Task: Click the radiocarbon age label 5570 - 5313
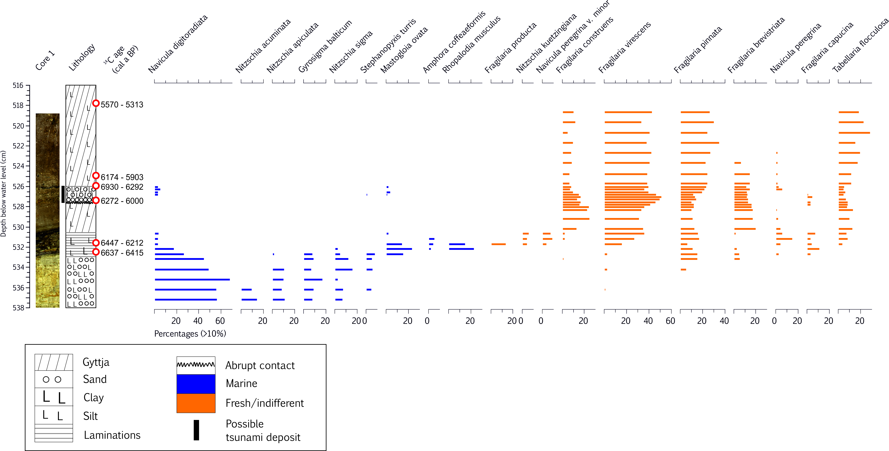pyautogui.click(x=122, y=105)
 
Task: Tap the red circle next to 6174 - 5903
pyautogui.click(x=96, y=176)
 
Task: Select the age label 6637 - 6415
pyautogui.click(x=122, y=253)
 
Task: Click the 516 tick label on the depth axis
pyautogui.click(x=18, y=85)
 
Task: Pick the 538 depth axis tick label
pyautogui.click(x=18, y=308)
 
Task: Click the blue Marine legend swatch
pyautogui.click(x=196, y=384)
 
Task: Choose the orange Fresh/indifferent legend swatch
pyautogui.click(x=196, y=403)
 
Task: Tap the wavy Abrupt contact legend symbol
pyautogui.click(x=196, y=365)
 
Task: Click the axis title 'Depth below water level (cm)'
pyautogui.click(x=3, y=193)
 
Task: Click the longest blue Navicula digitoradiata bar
pyautogui.click(x=192, y=279)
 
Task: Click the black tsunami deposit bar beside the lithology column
pyautogui.click(x=63, y=194)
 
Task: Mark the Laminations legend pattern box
pyautogui.click(x=54, y=433)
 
